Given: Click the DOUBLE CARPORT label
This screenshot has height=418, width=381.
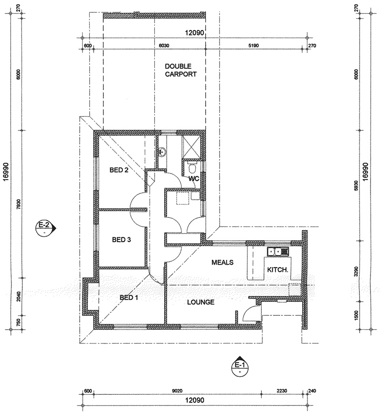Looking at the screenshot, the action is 180,70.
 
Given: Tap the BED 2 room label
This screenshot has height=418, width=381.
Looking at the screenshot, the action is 119,170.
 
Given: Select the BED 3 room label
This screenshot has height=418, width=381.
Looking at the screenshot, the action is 121,240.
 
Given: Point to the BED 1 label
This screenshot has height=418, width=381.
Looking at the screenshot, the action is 129,297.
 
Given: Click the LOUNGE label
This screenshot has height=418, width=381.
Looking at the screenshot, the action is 201,302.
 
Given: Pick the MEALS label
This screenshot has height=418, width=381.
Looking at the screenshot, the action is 222,262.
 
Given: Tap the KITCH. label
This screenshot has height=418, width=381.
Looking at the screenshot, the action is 277,269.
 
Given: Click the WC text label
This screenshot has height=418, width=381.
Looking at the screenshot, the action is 194,178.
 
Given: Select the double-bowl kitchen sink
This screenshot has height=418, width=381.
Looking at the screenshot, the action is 278,251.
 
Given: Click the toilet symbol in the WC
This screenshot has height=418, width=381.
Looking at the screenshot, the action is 192,167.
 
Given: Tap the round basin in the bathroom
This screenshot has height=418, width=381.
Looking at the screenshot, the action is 162,152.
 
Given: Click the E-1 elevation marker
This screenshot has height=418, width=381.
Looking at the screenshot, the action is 240,366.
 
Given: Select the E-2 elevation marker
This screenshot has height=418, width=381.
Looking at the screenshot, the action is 45,228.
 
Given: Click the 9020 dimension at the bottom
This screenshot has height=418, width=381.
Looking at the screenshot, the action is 177,391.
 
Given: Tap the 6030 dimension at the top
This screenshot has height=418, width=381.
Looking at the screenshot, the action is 164,45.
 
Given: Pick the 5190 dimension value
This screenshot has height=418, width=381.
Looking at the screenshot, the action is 254,45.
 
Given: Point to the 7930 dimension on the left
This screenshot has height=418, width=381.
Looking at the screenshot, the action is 19,204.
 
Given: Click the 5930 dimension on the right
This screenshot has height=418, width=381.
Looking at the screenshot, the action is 357,185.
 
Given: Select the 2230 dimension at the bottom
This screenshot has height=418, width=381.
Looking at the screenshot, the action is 282,391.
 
